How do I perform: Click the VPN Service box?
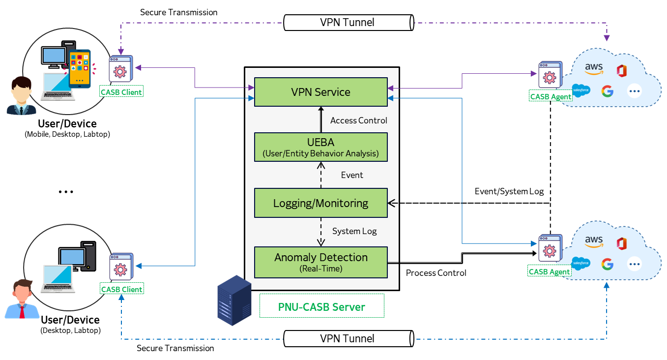tap(320, 92)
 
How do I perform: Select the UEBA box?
tap(320, 147)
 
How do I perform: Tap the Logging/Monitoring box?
tap(320, 203)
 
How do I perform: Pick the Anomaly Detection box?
tap(320, 262)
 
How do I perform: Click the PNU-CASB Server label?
tap(322, 307)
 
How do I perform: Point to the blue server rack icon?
tap(234, 300)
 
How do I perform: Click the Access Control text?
tap(358, 120)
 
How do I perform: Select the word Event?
tap(352, 175)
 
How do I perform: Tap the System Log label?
tap(354, 231)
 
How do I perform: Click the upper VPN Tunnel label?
tap(347, 22)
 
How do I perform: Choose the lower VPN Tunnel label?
tap(347, 338)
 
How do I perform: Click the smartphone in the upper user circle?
tap(80, 68)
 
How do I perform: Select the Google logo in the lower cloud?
tap(607, 264)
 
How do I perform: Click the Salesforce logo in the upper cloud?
tap(581, 90)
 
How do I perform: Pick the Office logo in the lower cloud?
tap(622, 243)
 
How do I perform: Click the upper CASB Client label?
tap(121, 92)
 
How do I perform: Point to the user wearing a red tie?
tap(22, 300)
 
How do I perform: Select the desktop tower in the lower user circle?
tap(88, 256)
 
